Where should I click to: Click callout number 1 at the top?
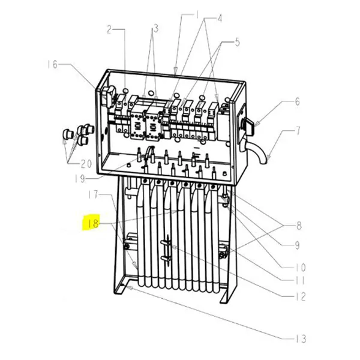[196, 13]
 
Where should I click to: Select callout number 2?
[110, 28]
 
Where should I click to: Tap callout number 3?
[155, 28]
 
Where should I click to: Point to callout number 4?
[220, 18]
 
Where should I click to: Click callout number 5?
[237, 42]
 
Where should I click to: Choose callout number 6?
[296, 102]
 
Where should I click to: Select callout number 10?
[298, 268]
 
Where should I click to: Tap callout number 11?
[298, 280]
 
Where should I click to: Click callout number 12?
[300, 296]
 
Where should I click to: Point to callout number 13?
[300, 339]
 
